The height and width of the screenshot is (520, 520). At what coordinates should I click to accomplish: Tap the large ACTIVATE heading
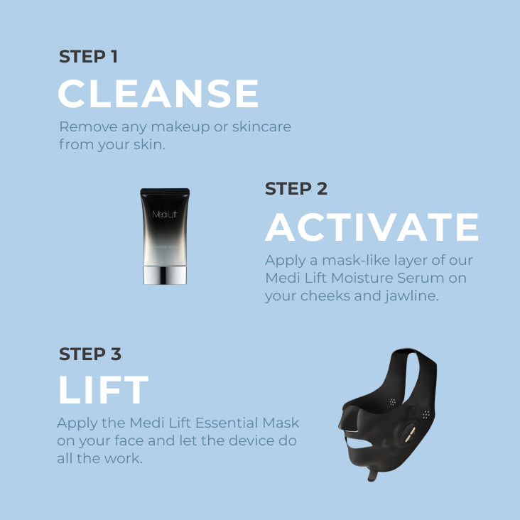click(x=372, y=227)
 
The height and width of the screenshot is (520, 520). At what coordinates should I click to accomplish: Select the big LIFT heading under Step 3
click(x=103, y=390)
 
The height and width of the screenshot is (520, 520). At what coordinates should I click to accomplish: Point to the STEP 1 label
click(x=88, y=57)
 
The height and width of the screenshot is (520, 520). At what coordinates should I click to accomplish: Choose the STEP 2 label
click(x=296, y=189)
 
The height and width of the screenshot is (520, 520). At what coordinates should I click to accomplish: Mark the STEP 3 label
click(x=90, y=354)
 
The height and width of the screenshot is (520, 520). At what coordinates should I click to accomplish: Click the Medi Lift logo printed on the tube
click(x=165, y=214)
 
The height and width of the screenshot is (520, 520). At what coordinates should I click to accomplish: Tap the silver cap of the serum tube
click(x=165, y=273)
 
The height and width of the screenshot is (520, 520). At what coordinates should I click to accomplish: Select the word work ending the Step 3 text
click(x=127, y=459)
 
